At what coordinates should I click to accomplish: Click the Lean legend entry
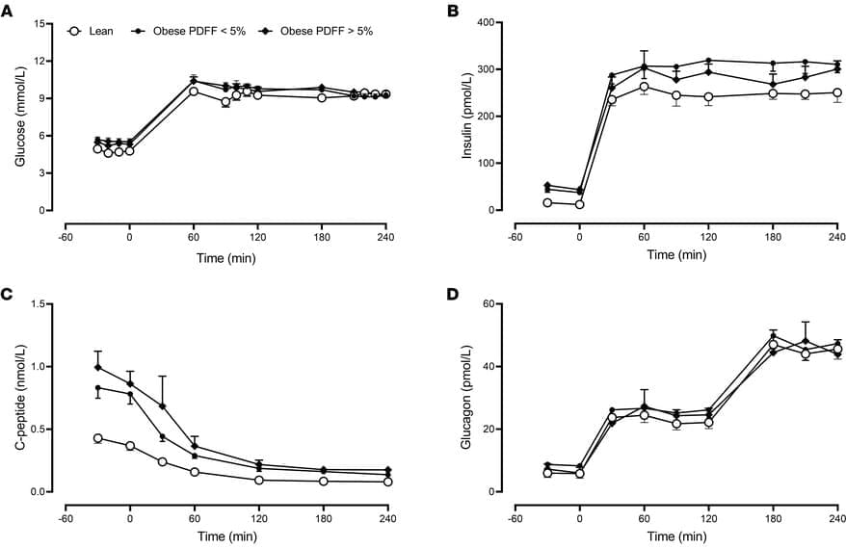tap(100, 31)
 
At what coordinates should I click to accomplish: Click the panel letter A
tap(8, 10)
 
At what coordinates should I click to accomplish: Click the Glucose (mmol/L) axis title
tap(20, 117)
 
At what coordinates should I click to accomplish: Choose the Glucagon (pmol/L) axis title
tap(470, 398)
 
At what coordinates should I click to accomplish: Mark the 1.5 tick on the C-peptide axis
tap(37, 304)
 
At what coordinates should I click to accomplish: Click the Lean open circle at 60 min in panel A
tap(194, 91)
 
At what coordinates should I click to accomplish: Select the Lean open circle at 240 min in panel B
tap(836, 93)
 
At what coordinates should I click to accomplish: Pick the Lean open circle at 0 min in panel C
tap(130, 446)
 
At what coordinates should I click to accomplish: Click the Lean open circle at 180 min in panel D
tap(773, 345)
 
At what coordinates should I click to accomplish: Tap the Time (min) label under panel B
tap(674, 254)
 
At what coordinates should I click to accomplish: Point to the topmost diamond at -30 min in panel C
tap(97, 367)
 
